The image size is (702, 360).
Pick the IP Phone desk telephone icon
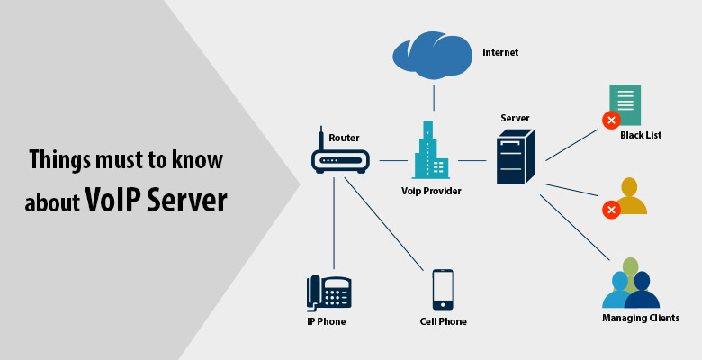[328, 292]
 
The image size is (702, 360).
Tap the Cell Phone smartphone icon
[443, 289]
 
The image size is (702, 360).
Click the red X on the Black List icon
[611, 121]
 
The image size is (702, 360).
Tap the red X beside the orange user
[611, 210]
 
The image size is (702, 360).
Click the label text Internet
[500, 52]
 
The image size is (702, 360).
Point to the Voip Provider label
[431, 191]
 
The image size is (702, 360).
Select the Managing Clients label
[640, 318]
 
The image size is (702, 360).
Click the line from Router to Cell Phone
[383, 225]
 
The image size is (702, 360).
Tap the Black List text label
[641, 136]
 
